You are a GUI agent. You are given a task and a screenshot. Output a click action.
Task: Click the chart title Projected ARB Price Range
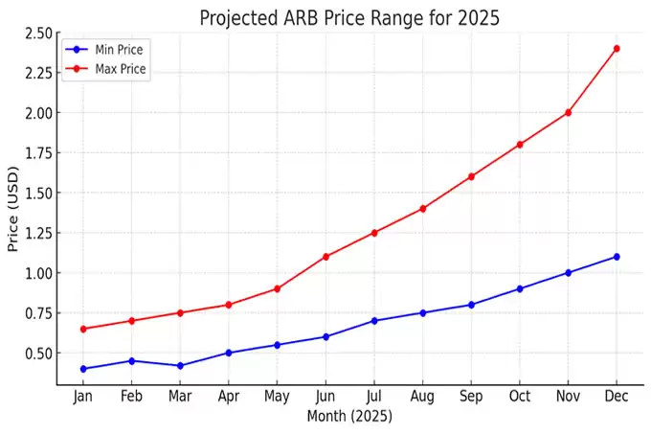348,17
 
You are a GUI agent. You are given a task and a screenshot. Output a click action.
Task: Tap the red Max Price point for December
617,48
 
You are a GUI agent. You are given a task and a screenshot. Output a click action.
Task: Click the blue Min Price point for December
617,257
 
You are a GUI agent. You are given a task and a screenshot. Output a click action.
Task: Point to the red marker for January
83,329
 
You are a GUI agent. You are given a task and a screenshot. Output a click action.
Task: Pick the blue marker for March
180,365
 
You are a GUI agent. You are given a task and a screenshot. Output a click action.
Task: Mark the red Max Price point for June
325,257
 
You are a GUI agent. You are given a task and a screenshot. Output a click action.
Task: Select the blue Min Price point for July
374,321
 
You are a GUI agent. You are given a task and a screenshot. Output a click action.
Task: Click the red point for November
568,112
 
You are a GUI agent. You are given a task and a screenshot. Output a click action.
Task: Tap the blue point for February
131,360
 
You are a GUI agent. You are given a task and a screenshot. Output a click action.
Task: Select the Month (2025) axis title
349,418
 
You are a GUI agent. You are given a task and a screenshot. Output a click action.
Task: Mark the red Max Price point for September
471,176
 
